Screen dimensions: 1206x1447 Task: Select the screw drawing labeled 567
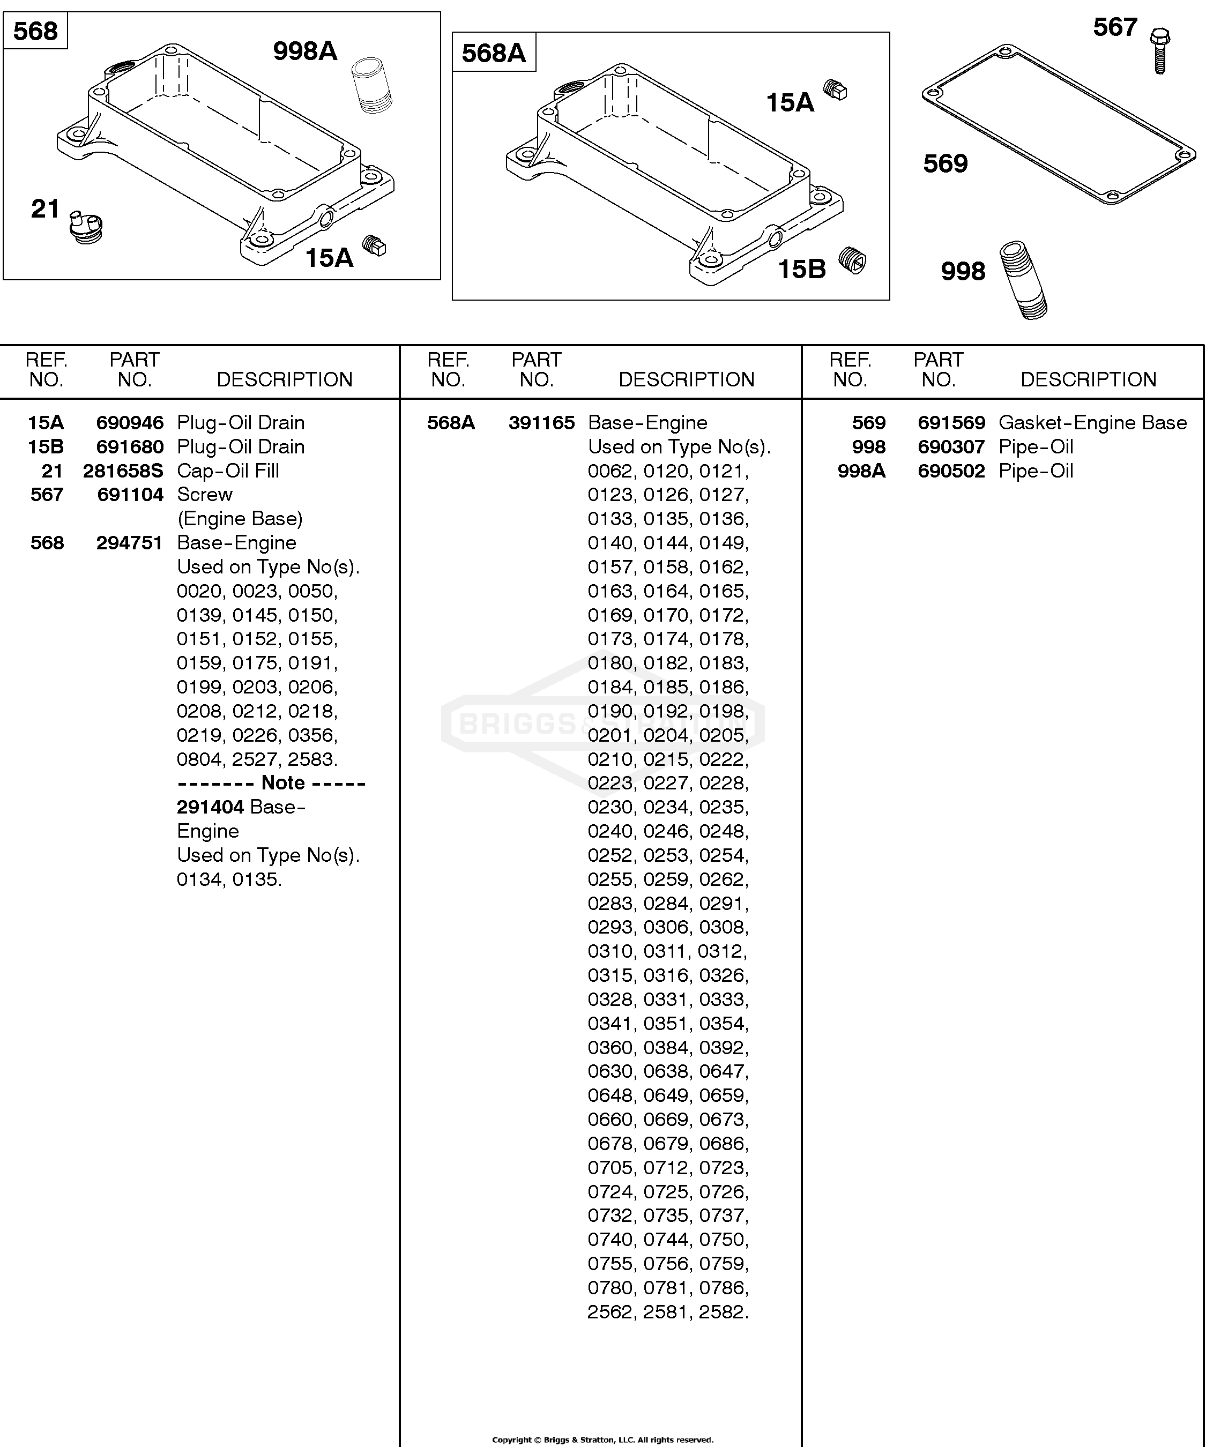1160,50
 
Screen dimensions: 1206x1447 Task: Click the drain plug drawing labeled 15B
852,260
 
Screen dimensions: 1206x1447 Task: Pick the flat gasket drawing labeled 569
1059,125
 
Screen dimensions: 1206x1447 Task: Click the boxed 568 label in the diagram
36,32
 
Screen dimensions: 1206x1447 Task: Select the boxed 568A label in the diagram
494,53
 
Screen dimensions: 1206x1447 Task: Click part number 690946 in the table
130,422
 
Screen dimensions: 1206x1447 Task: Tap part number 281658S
123,471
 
